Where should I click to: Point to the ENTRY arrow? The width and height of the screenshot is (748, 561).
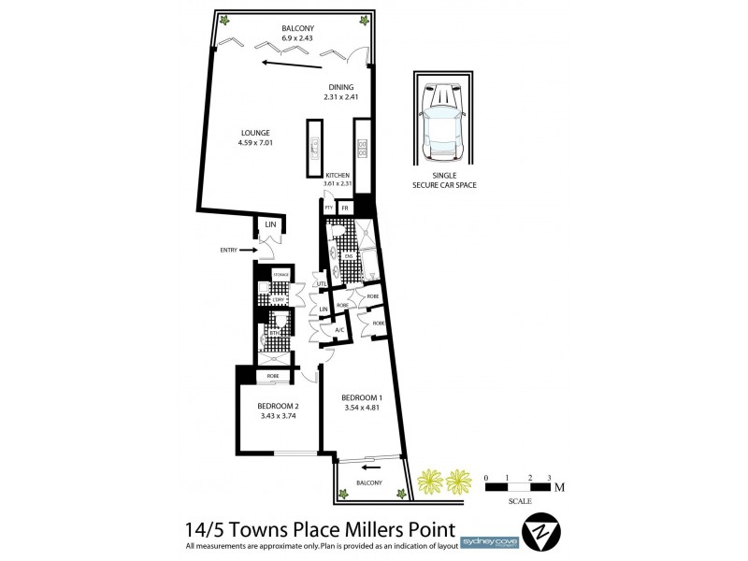pos(249,250)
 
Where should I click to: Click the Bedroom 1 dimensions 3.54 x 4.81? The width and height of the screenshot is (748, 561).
pos(363,407)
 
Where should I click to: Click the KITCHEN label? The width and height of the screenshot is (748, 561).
pos(338,175)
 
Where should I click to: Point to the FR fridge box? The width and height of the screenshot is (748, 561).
pos(345,208)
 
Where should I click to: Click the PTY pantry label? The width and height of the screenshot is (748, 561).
pos(329,208)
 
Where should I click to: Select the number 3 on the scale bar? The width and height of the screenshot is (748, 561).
pos(550,478)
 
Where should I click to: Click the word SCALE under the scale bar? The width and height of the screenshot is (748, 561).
pos(520,501)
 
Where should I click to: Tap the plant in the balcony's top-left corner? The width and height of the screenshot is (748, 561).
pos(224,21)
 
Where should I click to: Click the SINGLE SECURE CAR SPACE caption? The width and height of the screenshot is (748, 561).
pos(444,180)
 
